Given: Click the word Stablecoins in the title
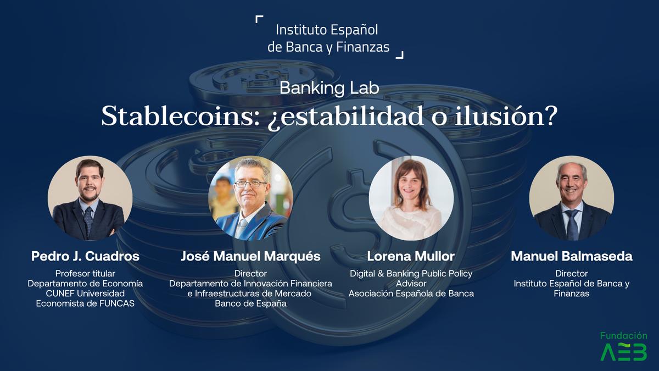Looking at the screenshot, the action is (x=180, y=117).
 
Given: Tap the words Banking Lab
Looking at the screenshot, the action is (x=329, y=88).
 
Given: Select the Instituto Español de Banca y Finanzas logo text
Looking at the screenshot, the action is (x=328, y=38).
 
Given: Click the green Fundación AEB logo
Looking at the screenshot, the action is (x=624, y=346).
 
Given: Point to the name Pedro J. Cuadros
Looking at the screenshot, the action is (x=85, y=256).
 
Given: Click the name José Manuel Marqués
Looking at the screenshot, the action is (x=250, y=256).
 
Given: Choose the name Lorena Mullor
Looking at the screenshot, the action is (x=411, y=256).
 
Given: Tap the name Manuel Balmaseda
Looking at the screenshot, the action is (x=572, y=256).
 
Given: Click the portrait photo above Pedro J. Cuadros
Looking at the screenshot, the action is (x=90, y=198).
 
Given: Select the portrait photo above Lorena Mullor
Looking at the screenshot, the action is (x=411, y=198).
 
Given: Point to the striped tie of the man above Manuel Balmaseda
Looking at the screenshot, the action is (x=572, y=224).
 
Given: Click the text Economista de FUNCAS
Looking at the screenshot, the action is (x=85, y=303).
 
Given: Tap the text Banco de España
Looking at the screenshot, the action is (x=250, y=303).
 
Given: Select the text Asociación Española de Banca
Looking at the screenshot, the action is (x=411, y=294).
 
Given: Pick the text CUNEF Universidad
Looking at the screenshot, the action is (x=85, y=294).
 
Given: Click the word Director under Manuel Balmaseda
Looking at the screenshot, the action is (x=572, y=274).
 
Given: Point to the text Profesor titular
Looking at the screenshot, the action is (x=85, y=274).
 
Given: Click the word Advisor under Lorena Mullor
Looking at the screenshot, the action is (x=411, y=284).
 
